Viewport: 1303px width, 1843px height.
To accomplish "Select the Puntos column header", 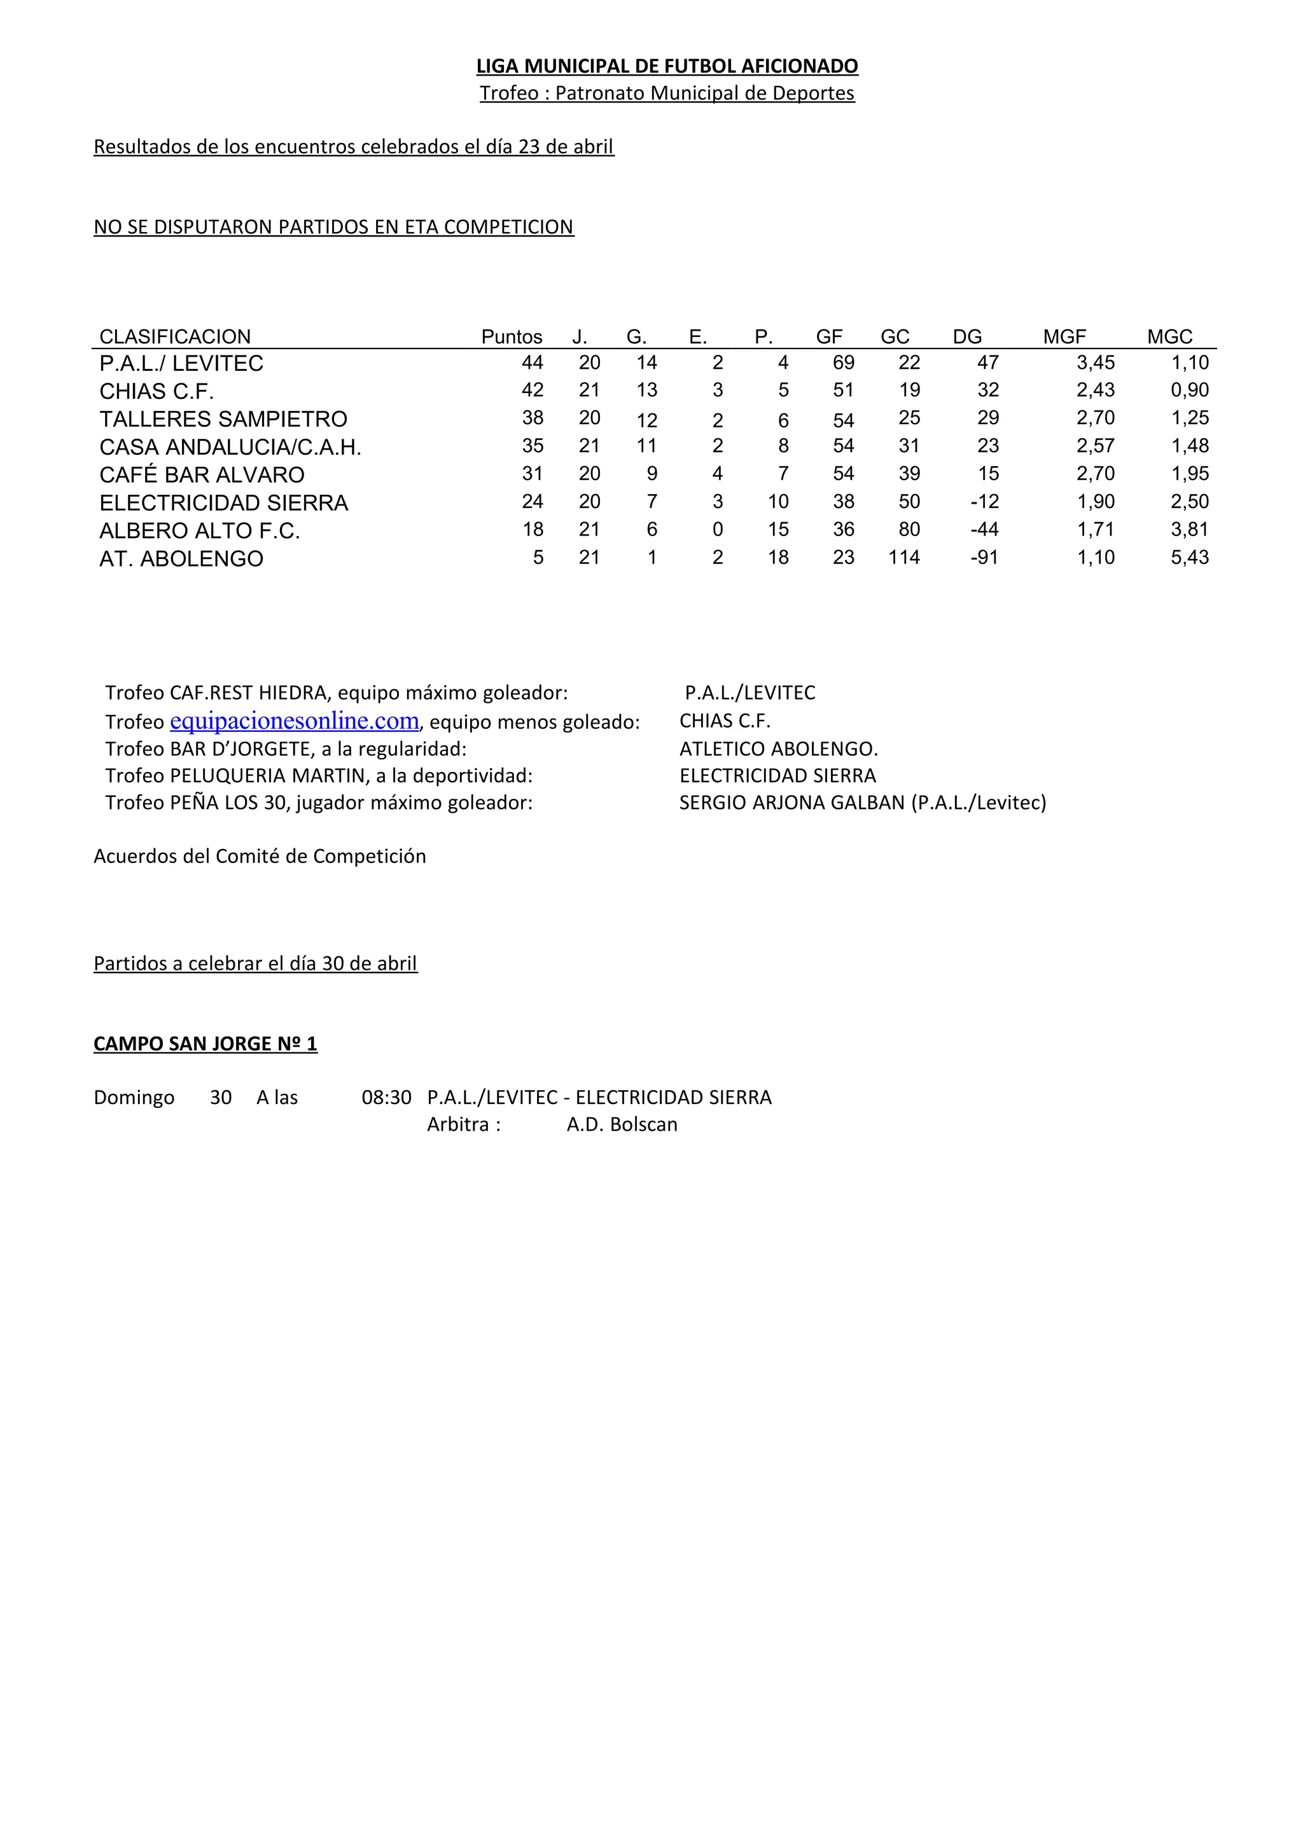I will [512, 336].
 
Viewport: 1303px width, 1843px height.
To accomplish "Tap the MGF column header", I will [1064, 336].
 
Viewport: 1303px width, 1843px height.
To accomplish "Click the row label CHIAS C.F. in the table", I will [157, 392].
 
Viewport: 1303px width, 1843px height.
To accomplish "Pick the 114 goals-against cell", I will [904, 557].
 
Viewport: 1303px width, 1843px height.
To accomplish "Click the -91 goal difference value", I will [984, 557].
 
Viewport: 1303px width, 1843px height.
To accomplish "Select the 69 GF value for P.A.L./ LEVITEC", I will [843, 363].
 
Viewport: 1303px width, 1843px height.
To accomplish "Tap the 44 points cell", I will [533, 363].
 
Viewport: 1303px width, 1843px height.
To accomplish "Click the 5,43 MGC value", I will [1189, 557].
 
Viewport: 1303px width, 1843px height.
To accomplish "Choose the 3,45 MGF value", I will [1095, 363].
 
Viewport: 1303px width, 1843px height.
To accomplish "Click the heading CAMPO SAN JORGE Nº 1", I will [206, 1044].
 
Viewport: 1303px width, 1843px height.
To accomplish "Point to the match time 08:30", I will [386, 1097].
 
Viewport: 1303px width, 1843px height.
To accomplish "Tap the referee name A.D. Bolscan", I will [622, 1124].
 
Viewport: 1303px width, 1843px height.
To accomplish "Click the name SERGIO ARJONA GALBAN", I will [791, 803].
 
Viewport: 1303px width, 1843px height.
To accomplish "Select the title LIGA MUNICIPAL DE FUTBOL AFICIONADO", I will [667, 66].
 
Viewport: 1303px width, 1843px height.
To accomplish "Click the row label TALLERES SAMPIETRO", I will [223, 419].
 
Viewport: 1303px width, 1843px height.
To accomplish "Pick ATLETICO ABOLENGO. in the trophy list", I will [778, 749].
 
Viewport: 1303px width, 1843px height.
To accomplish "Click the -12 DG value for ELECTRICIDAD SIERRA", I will [984, 502].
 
